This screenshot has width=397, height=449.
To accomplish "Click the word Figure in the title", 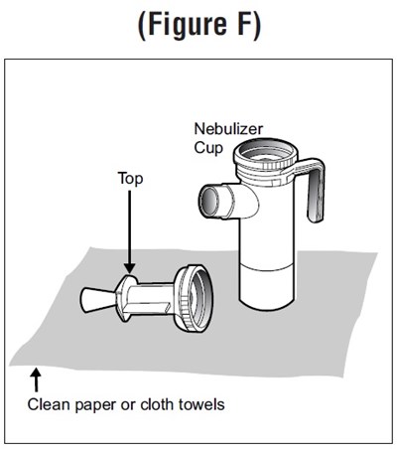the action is [188, 25].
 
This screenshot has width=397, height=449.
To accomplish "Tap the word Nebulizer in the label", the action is [228, 129].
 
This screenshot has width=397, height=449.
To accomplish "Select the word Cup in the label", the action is [208, 148].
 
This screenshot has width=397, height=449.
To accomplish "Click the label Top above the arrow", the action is [131, 178].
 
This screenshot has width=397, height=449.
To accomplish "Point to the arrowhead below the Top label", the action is [130, 267].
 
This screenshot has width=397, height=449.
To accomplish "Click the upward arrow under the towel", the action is [36, 380].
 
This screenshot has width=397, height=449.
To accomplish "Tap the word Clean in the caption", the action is [50, 404].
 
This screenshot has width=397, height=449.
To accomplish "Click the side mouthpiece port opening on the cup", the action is [208, 201].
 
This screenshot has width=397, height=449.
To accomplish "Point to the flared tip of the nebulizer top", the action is [97, 300].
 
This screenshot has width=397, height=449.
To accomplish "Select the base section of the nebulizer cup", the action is [267, 288].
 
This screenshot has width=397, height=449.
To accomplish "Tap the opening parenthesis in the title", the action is [142, 26].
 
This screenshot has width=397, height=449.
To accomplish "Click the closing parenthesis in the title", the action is [256, 26].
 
